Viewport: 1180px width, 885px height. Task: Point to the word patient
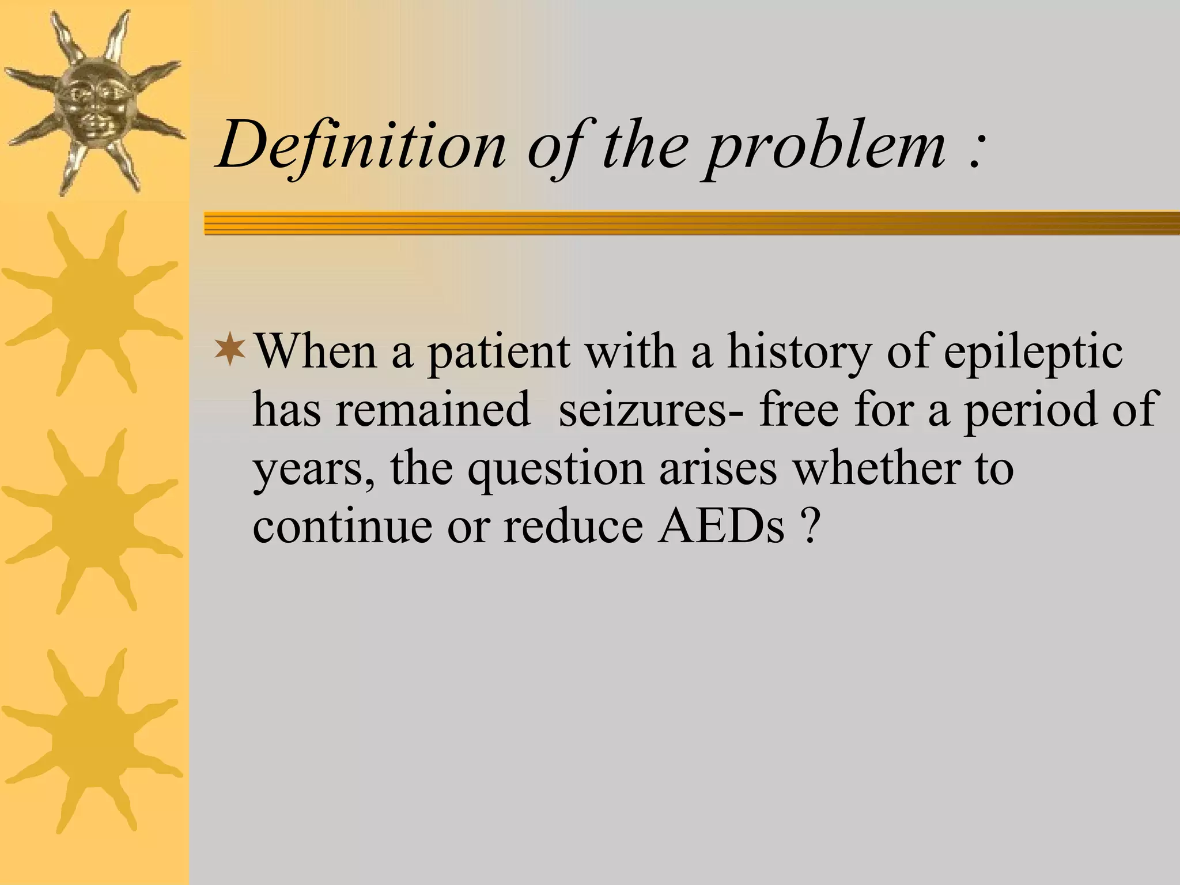(x=498, y=353)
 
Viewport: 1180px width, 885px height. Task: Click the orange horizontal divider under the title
(x=691, y=223)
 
